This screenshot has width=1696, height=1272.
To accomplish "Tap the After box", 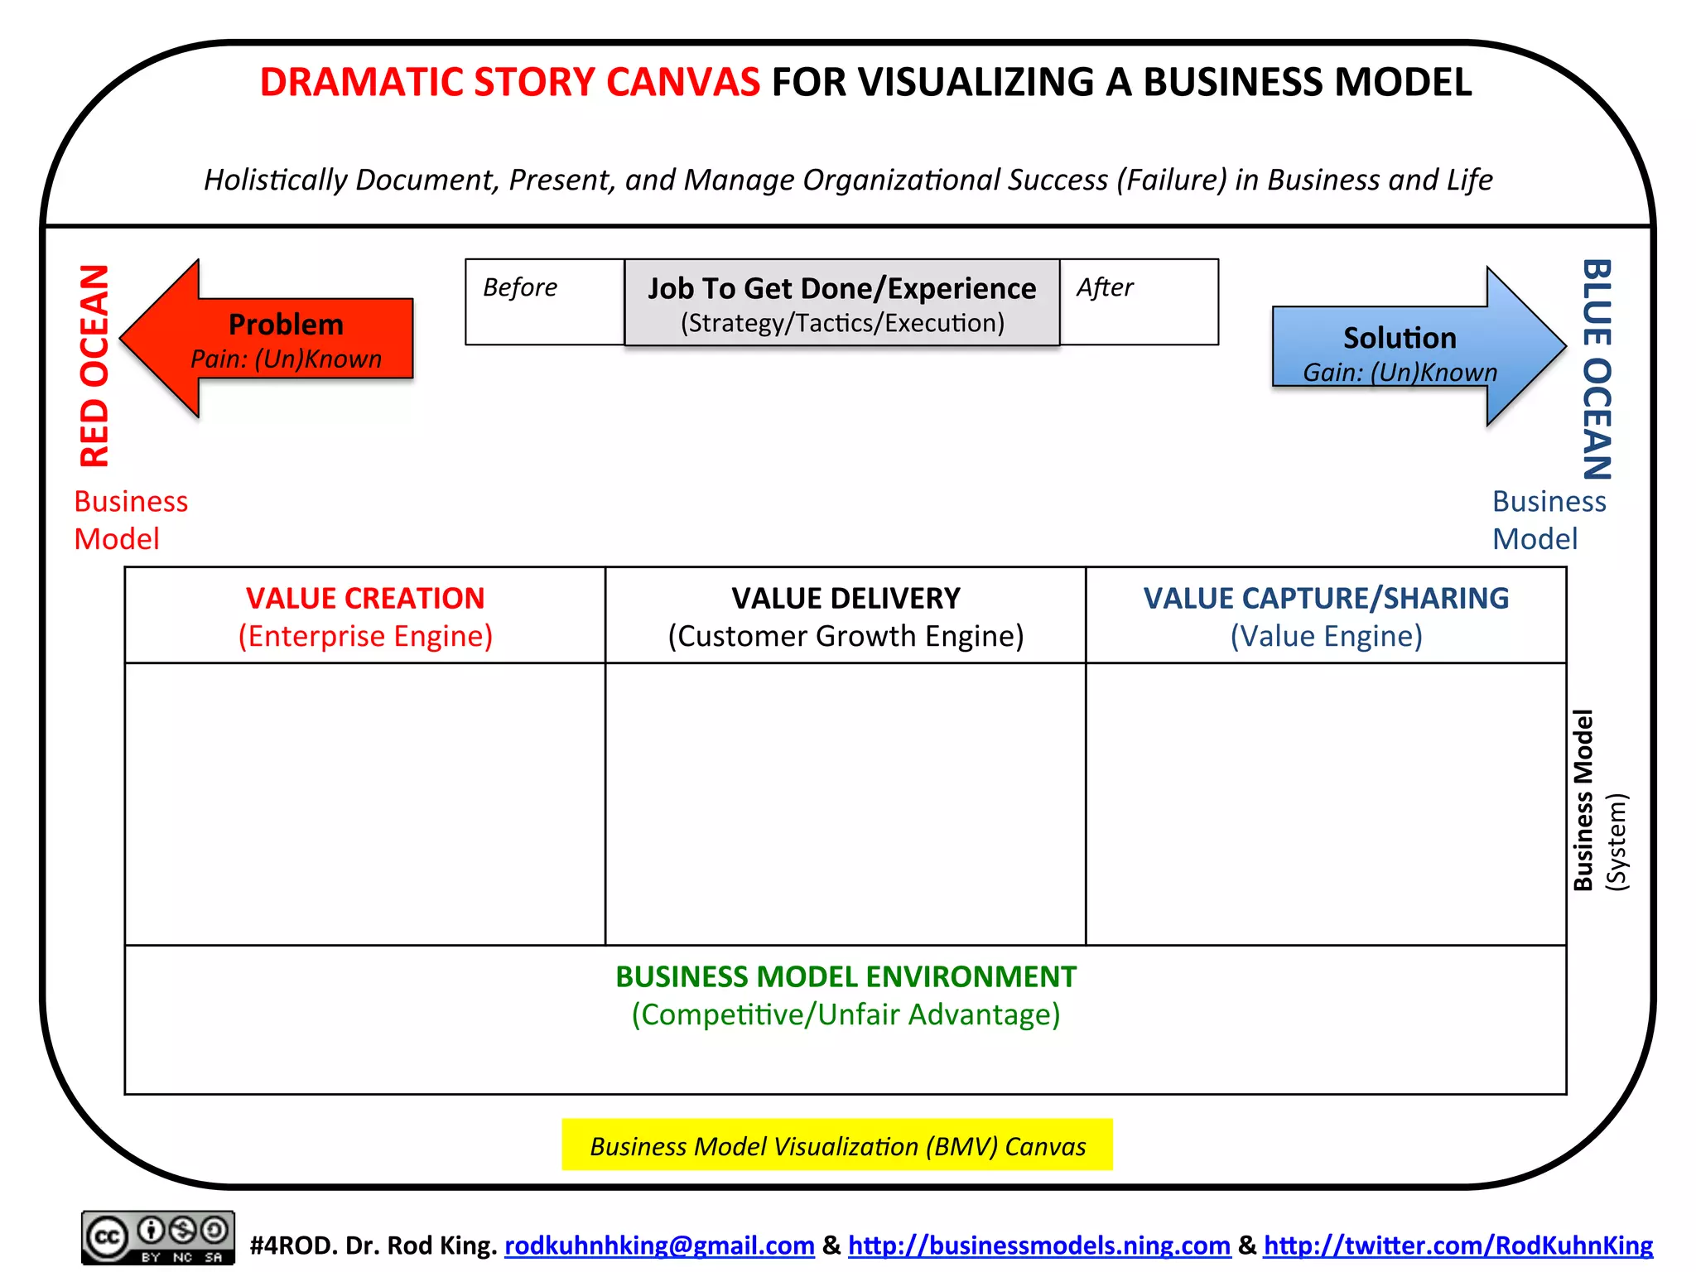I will click(1139, 301).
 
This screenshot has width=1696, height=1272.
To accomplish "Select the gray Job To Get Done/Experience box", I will click(841, 303).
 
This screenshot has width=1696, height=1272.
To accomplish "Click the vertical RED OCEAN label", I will click(94, 365).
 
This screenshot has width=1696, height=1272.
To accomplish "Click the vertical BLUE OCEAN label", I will click(1597, 369).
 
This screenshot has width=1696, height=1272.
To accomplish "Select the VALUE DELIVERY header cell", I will click(846, 615).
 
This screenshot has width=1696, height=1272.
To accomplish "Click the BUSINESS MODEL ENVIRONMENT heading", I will click(846, 977).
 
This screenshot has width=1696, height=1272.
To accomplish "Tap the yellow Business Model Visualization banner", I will click(837, 1145).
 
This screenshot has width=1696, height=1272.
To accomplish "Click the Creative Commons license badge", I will click(157, 1238).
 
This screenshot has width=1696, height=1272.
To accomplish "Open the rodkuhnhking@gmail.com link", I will click(659, 1245).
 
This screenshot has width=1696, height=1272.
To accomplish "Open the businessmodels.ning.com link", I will click(1039, 1245).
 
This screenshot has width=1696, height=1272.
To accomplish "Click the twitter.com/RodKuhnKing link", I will click(1457, 1245).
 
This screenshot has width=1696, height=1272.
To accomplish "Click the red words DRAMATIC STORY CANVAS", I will click(509, 83).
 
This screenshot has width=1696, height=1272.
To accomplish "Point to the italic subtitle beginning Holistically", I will click(848, 180).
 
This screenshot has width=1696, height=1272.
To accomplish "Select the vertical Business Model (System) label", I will click(1599, 801).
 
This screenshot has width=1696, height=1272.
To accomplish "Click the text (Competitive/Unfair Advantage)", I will click(846, 1014).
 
